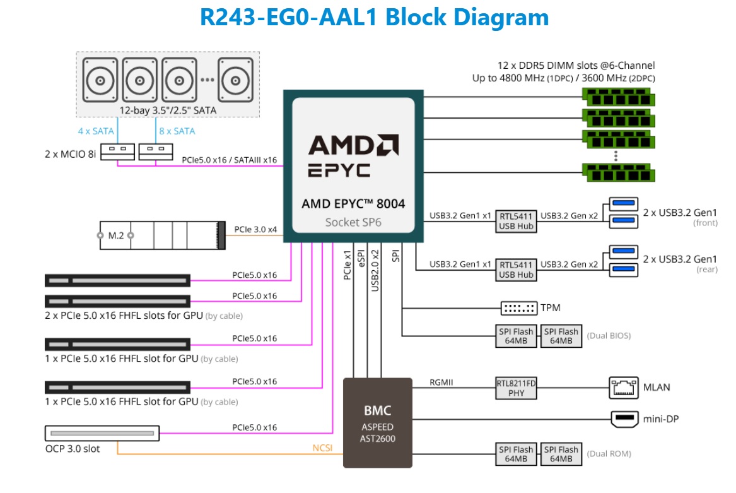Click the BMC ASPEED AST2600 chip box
[x=377, y=422]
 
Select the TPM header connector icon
[x=518, y=308]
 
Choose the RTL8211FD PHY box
[x=516, y=387]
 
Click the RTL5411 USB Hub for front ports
[x=516, y=219]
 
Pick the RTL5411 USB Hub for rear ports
[x=516, y=270]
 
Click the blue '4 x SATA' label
[x=96, y=131]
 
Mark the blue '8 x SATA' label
[x=177, y=131]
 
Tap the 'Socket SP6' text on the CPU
[x=353, y=222]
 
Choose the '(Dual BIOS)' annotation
[x=608, y=336]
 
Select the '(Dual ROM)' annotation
[x=608, y=454]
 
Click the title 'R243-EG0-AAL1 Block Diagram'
[x=374, y=17]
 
